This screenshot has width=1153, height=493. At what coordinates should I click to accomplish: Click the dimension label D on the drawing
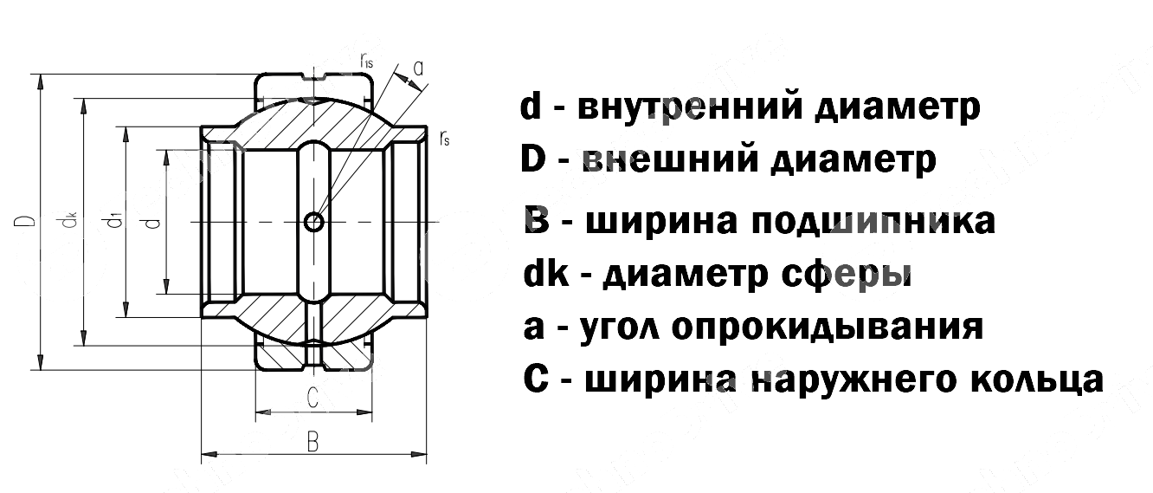29,223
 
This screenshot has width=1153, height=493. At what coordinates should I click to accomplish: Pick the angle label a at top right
418,68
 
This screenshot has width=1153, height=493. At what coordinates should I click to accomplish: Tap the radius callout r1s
367,60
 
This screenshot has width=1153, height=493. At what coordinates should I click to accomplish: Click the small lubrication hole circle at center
315,223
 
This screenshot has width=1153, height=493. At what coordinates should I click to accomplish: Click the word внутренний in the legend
680,107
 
